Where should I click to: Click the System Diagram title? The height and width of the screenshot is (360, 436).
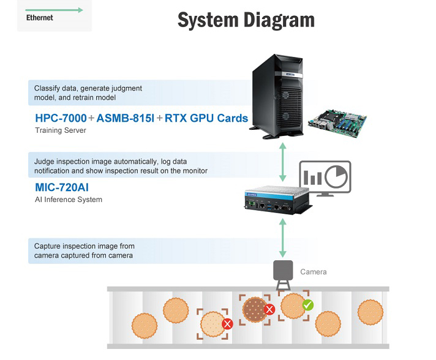click(246, 20)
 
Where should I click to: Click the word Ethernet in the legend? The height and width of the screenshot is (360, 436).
click(39, 18)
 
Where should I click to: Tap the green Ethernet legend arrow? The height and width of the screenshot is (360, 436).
click(55, 10)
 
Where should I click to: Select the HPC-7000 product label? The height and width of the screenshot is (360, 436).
click(61, 118)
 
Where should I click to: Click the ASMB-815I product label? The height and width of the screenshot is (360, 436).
click(125, 118)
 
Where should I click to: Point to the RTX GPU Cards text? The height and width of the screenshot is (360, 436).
click(206, 118)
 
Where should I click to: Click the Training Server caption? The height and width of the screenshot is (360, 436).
click(61, 130)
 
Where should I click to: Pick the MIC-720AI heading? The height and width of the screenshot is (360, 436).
click(62, 187)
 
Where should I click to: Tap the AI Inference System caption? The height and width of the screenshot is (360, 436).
click(69, 200)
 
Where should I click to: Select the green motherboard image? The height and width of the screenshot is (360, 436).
click(337, 123)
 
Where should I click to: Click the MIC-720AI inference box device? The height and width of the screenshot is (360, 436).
click(279, 200)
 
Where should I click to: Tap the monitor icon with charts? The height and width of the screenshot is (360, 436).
click(325, 178)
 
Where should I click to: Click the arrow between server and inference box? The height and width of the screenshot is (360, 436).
click(283, 162)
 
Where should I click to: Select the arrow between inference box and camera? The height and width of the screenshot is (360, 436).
click(283, 238)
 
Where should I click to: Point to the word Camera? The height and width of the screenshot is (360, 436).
click(314, 272)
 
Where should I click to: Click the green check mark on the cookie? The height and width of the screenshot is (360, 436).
click(308, 305)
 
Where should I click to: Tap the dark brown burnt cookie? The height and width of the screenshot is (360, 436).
click(254, 310)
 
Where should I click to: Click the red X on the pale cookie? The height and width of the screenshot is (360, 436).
click(227, 324)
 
